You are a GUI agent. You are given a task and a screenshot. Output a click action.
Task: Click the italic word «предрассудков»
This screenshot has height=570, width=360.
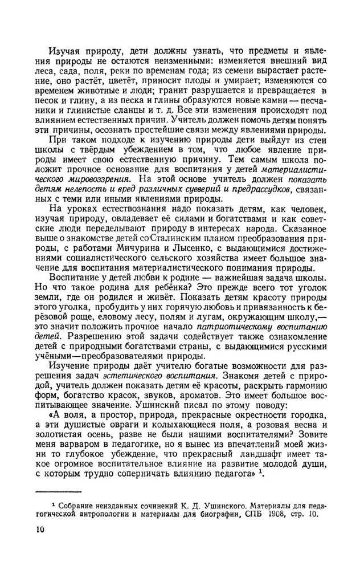(x=261, y=188)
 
